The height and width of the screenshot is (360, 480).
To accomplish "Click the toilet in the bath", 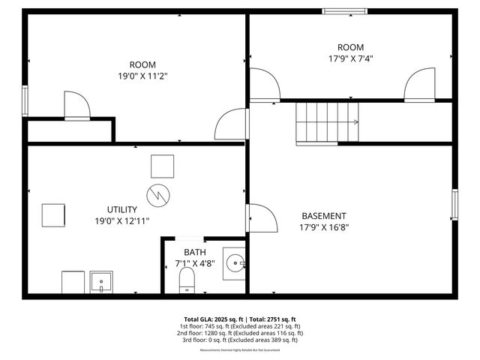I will pyautogui.click(x=187, y=281).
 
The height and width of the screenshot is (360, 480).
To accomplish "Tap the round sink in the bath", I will pyautogui.click(x=235, y=263).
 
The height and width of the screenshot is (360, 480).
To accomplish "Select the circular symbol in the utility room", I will pyautogui.click(x=157, y=195).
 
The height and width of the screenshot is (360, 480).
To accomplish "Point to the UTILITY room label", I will pyautogui.click(x=121, y=209).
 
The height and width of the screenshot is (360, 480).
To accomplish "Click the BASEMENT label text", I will pyautogui.click(x=324, y=215).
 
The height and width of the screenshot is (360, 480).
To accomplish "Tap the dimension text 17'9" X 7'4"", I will pyautogui.click(x=350, y=58).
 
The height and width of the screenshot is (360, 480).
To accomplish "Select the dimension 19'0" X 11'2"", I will pyautogui.click(x=142, y=76).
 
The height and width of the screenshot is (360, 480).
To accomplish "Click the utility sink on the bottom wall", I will pyautogui.click(x=101, y=282).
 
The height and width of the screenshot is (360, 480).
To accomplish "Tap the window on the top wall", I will pyautogui.click(x=344, y=11).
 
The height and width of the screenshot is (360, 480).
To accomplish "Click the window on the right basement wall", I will pyautogui.click(x=454, y=204).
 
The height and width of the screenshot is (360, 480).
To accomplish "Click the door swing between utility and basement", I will pyautogui.click(x=259, y=217).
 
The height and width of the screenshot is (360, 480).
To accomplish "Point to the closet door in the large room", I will pyautogui.click(x=76, y=106).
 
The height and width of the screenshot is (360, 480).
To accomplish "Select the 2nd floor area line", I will pyautogui.click(x=240, y=333).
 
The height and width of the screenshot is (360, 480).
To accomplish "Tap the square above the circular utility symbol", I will pyautogui.click(x=162, y=166).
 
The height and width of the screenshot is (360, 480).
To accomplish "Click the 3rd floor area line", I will pyautogui.click(x=240, y=340).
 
